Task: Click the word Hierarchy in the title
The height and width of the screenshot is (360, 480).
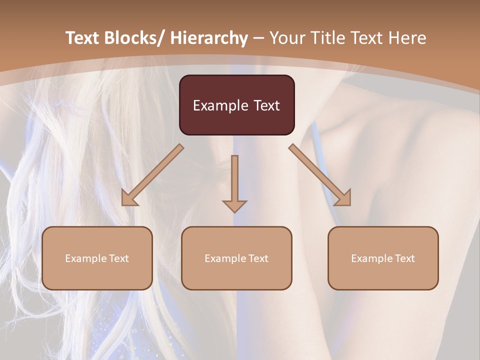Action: [209, 38]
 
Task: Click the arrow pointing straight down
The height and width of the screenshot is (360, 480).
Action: [234, 185]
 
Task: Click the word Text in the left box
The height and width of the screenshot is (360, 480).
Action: [118, 258]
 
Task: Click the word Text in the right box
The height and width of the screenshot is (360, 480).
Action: [404, 258]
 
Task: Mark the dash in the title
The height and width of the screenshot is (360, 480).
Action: [258, 38]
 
